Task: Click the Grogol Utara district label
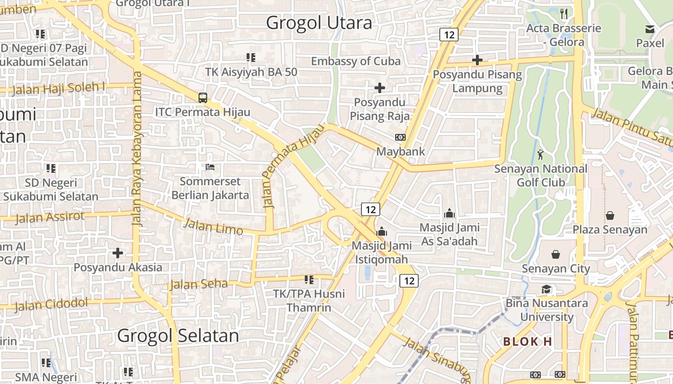(x=319, y=23)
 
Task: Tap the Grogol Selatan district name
(x=178, y=336)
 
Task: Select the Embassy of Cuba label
(x=356, y=61)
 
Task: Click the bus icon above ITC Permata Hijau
(x=203, y=98)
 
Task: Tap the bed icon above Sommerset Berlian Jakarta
(x=210, y=167)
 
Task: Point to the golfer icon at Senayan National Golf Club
(x=540, y=155)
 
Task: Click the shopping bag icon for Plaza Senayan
(x=610, y=216)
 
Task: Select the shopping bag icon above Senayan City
(x=556, y=254)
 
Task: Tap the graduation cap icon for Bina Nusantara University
(x=546, y=289)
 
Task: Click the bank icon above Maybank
(x=400, y=137)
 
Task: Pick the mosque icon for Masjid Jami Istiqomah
(x=382, y=231)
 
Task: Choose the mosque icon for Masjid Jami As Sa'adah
(x=449, y=213)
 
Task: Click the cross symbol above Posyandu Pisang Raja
(x=380, y=88)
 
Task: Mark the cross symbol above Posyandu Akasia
(x=118, y=252)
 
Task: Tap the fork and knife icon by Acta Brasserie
(x=564, y=13)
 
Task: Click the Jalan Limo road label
(x=213, y=227)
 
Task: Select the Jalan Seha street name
(x=199, y=284)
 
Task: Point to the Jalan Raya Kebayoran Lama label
(x=138, y=149)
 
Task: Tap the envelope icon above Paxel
(x=650, y=29)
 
